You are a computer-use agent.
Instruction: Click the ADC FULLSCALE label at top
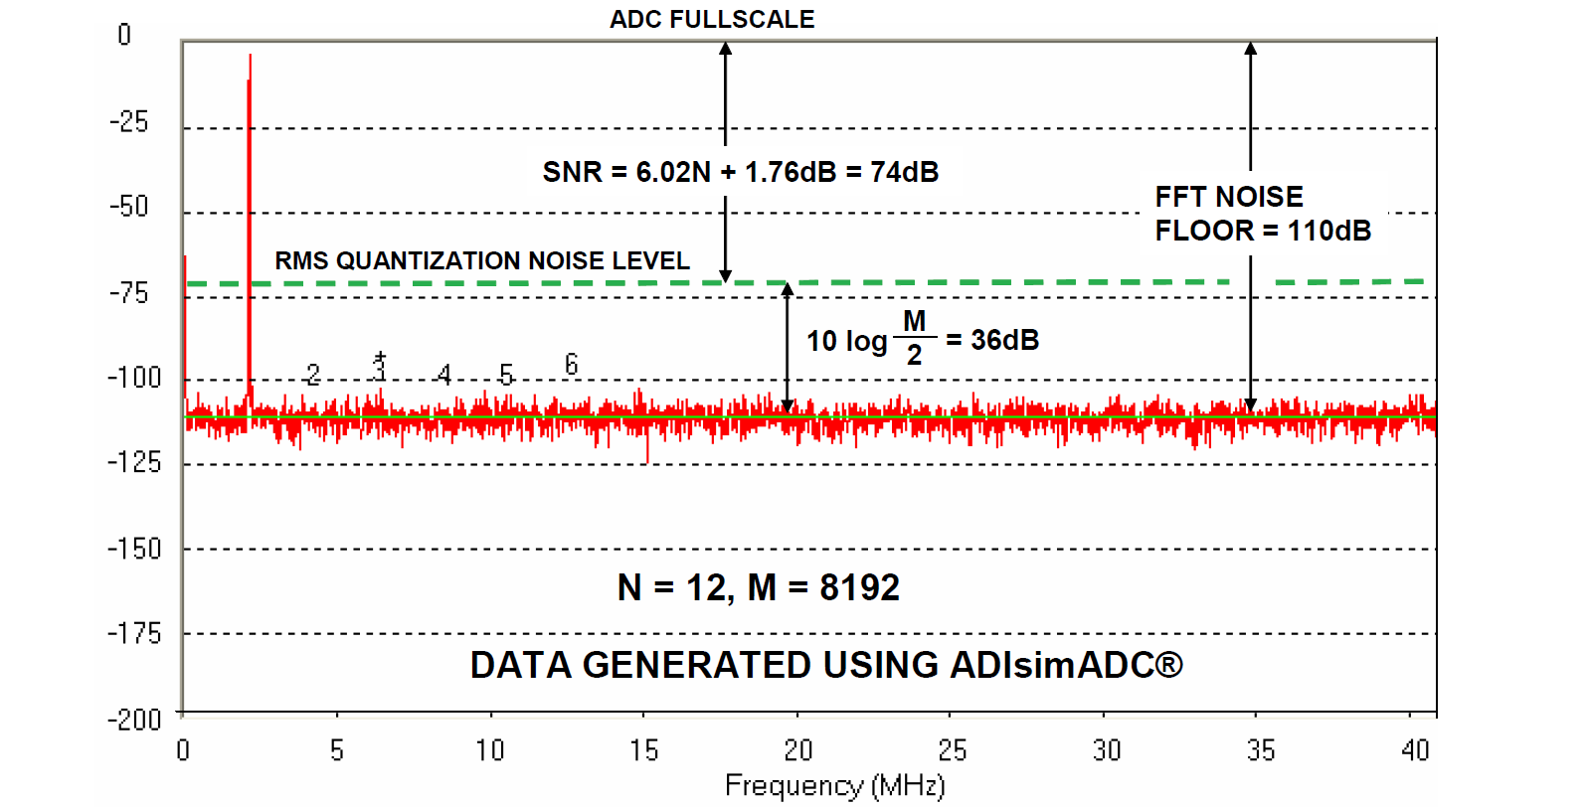pos(711,19)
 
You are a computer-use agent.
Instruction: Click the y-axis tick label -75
pos(128,293)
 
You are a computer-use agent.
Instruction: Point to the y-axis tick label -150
pos(133,549)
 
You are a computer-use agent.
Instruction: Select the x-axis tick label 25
pos(952,750)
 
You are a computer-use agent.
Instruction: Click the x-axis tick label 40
pos(1414,750)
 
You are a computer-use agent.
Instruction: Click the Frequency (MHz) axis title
pos(834,786)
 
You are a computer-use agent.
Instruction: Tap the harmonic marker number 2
pos(313,375)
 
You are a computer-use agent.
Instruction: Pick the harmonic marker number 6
pos(571,365)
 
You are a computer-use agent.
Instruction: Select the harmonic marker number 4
pos(444,375)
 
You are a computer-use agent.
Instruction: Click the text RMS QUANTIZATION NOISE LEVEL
pos(481,260)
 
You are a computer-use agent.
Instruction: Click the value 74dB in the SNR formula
pos(904,172)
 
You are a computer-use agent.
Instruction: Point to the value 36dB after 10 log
pos(1004,340)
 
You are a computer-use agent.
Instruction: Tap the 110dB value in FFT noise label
pos(1328,231)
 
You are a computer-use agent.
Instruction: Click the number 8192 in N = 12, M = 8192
pos(859,587)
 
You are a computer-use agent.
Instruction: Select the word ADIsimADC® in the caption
pos(1066,665)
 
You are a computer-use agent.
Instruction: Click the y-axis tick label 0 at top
pos(124,35)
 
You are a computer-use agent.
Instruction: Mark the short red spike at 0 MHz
pos(185,328)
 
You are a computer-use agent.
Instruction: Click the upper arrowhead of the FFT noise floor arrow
pos(1250,48)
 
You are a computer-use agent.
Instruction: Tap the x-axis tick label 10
pos(489,750)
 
